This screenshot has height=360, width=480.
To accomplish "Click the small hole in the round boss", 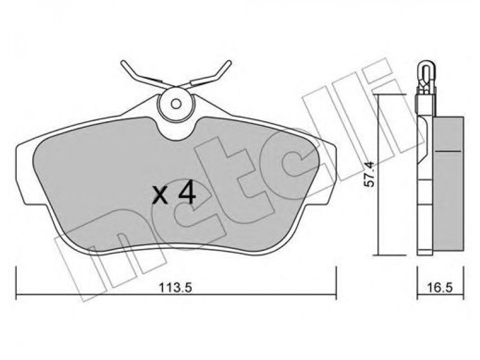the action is pyautogui.click(x=176, y=104).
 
